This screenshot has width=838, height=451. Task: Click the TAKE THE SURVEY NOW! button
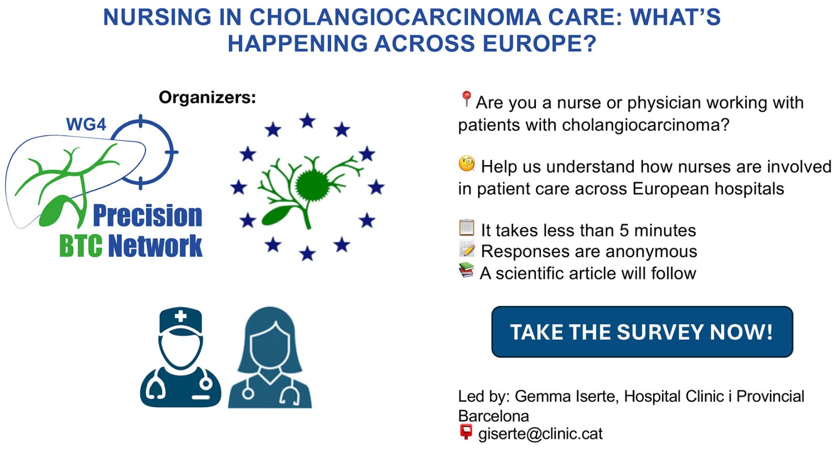(x=642, y=332)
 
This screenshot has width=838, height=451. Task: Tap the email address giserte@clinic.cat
(x=540, y=434)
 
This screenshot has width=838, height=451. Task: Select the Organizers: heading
(x=207, y=97)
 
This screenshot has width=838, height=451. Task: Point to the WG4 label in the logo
(x=86, y=124)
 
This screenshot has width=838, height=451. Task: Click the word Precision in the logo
(x=147, y=216)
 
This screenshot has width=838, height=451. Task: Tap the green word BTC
(x=81, y=246)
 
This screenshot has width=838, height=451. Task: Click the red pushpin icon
(x=466, y=99)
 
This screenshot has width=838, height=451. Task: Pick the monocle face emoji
(x=467, y=164)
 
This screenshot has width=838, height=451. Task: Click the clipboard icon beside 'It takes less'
(x=467, y=227)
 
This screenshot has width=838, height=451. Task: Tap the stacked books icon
(x=467, y=270)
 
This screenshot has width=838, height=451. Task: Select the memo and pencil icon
(x=467, y=249)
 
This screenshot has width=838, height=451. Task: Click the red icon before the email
(x=466, y=432)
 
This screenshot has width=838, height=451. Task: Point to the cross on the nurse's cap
(x=181, y=316)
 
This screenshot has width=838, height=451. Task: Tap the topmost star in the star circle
(x=307, y=121)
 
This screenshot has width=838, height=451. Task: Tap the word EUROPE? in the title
(x=539, y=43)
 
